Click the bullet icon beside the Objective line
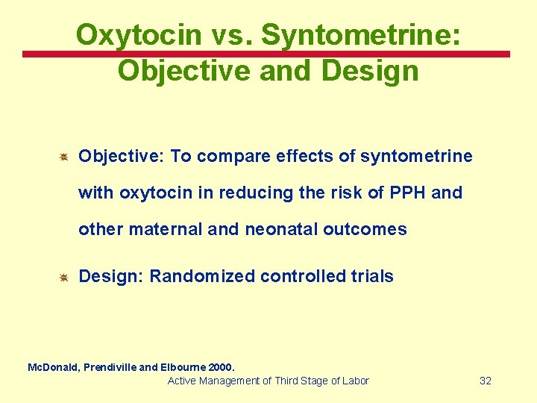click(64, 157)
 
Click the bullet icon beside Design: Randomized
click(64, 277)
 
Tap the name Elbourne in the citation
click(182, 367)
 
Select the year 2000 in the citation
click(222, 367)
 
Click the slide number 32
click(486, 381)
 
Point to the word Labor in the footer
click(354, 381)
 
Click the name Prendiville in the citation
click(110, 367)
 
